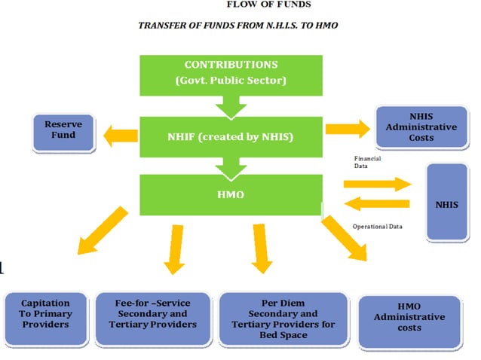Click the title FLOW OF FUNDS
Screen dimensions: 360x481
click(268, 5)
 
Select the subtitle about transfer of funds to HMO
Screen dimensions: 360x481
click(238, 26)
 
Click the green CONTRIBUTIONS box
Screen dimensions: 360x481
click(231, 72)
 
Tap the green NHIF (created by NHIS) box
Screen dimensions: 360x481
click(231, 136)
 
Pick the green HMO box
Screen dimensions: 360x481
click(231, 194)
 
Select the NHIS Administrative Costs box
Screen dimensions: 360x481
click(421, 127)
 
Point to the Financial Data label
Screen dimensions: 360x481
click(369, 163)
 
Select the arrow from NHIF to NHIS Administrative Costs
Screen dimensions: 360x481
click(348, 127)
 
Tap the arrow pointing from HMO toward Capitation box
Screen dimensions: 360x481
click(103, 230)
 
